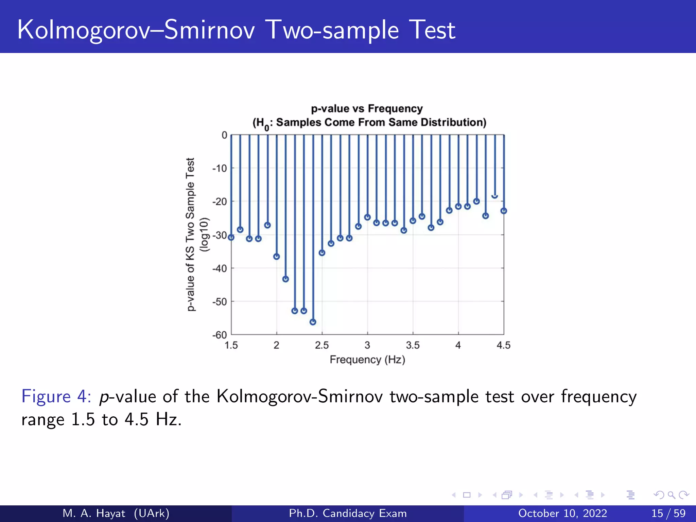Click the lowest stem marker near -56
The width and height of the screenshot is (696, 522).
click(313, 322)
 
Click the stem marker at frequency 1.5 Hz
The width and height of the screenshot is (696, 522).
click(231, 237)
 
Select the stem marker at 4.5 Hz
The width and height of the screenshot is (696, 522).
click(504, 211)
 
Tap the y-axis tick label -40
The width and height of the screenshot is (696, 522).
click(220, 268)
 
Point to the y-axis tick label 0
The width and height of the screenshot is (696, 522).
click(224, 135)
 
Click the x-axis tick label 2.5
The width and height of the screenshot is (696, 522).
click(321, 345)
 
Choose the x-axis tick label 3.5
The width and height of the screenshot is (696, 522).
click(413, 345)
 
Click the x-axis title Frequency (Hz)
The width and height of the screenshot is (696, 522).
click(367, 360)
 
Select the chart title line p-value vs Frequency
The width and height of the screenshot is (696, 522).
click(367, 108)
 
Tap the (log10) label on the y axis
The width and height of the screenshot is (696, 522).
click(204, 234)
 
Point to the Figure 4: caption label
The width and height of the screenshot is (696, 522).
click(56, 396)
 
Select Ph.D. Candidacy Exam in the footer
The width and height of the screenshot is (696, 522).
click(348, 513)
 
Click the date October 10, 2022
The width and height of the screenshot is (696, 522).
click(562, 513)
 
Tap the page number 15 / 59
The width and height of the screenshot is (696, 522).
click(668, 513)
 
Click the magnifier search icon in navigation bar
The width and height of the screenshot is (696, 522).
click(671, 495)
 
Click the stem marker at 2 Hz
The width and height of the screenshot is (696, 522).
click(277, 257)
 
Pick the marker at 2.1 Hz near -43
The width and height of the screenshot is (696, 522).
click(285, 279)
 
